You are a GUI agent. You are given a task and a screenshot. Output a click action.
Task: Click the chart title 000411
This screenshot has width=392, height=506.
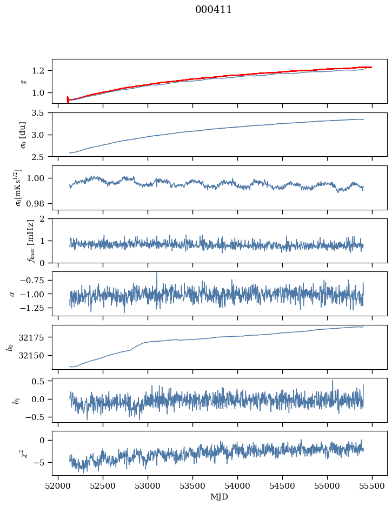click(214, 10)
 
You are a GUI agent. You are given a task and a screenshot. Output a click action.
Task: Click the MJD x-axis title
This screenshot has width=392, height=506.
click(220, 497)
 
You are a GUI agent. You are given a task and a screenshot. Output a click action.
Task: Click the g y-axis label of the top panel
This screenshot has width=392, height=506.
click(23, 81)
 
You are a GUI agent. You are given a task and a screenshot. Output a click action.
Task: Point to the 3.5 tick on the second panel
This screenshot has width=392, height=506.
click(41, 113)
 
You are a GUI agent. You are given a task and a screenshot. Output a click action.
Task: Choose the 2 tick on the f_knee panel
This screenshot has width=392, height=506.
click(45, 219)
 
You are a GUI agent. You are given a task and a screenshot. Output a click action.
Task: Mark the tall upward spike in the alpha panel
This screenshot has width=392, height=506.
click(157, 274)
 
